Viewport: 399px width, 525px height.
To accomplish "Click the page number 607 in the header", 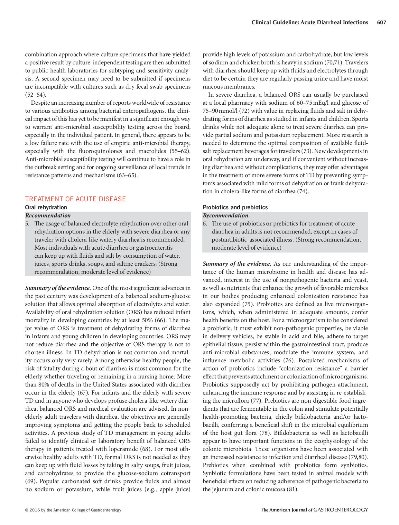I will coord(381,22).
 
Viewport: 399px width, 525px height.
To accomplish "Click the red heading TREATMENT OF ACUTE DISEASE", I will coord(75,199).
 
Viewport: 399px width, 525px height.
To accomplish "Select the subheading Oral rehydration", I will coord(46,207).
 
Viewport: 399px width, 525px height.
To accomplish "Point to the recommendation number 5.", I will coord(27,224).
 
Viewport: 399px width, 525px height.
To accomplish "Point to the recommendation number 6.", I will coord(205,224).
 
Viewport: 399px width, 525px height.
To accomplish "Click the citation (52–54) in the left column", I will coord(36,95).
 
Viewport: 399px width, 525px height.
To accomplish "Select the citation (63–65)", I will coord(127,175).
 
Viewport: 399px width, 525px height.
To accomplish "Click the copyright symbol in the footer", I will coord(26,510).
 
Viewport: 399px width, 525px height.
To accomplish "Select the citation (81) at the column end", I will coord(292,489).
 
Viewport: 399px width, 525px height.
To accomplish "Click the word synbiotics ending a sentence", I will coord(354,465).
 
